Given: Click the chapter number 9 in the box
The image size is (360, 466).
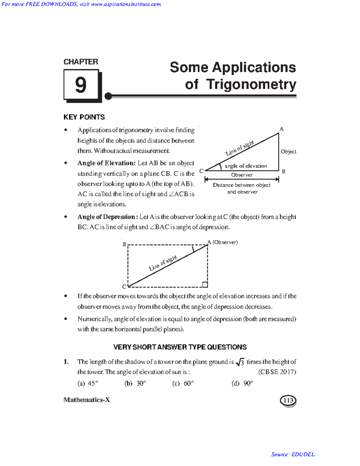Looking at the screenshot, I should (81, 85).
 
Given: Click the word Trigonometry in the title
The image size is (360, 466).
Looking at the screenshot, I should (251, 84).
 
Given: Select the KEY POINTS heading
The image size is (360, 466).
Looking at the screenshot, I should (84, 117).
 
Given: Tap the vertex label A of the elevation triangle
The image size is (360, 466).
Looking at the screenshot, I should (281, 129).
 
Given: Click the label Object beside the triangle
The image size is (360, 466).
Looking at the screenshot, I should (288, 152).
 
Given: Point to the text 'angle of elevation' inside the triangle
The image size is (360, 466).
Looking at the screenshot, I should (246, 166).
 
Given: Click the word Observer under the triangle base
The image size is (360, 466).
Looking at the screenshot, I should (242, 175).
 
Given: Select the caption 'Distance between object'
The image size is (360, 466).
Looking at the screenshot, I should (242, 185).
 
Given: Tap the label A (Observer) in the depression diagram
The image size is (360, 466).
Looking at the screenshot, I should (223, 242).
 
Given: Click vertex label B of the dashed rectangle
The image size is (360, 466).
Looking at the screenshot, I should (124, 244).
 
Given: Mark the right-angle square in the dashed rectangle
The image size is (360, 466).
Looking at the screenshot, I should (205, 284).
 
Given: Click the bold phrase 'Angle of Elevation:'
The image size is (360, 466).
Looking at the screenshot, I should (106, 163).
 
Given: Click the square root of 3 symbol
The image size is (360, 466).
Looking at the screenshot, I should (240, 362).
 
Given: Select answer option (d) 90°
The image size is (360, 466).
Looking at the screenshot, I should (242, 383).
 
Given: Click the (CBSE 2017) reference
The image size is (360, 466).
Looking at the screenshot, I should (277, 372).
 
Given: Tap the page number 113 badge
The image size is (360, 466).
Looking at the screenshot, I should (288, 400).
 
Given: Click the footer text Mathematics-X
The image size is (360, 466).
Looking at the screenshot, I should (87, 400).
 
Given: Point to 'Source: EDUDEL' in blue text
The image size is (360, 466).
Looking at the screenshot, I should (293, 454).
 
